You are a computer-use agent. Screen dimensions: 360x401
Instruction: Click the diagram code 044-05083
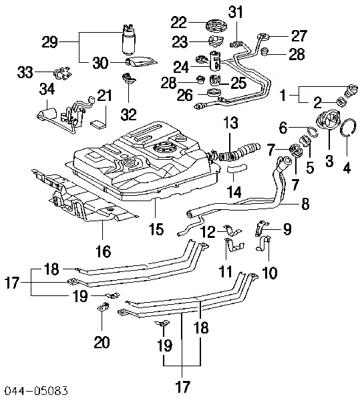(x=37, y=391)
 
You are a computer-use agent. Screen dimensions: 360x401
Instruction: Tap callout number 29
(x=50, y=42)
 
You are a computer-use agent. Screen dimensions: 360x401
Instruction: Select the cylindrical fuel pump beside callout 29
(x=129, y=39)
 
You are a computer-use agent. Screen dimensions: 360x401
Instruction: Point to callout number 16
(x=104, y=251)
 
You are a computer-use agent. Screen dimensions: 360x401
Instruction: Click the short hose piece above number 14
(x=237, y=168)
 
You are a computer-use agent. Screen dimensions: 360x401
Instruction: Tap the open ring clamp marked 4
(x=348, y=127)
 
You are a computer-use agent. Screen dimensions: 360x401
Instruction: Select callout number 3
(x=329, y=161)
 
